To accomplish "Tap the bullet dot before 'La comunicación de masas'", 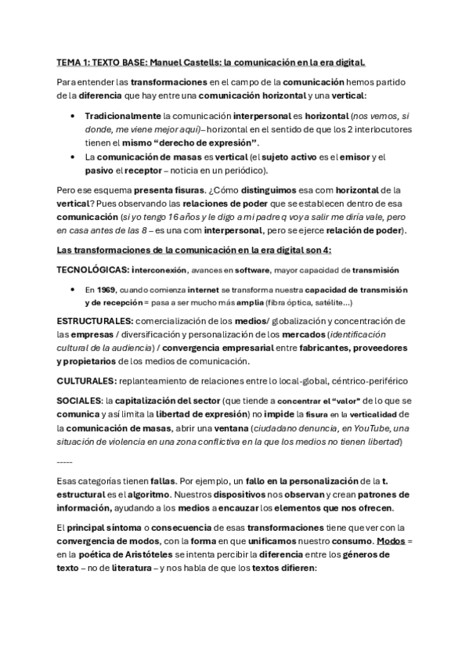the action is click(72, 157).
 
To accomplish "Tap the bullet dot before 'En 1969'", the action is click(72, 288).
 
